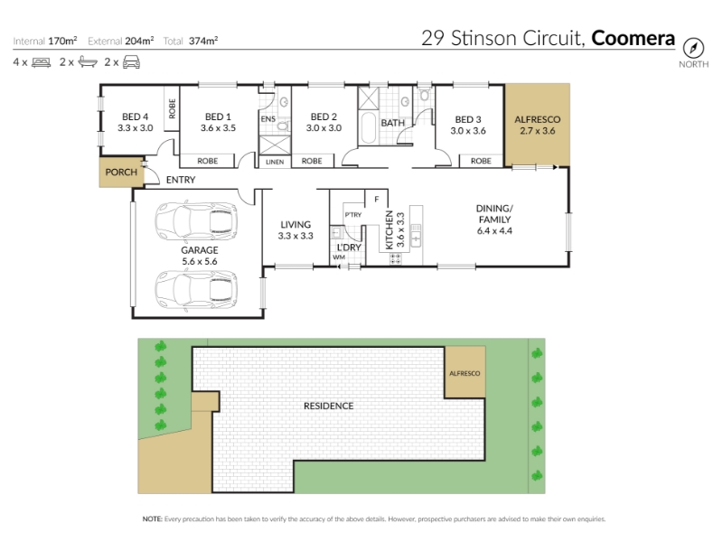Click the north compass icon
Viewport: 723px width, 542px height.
click(693, 48)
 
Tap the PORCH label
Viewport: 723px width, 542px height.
click(121, 173)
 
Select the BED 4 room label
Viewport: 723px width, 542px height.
click(135, 123)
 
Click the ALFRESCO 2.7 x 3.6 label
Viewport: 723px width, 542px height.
click(537, 125)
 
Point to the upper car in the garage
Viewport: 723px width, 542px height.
click(196, 220)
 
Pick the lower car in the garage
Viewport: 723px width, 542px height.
click(196, 289)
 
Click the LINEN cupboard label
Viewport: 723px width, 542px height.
click(275, 162)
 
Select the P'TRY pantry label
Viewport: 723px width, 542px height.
click(353, 215)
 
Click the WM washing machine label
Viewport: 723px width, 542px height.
click(339, 257)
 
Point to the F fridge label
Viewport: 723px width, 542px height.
click(377, 199)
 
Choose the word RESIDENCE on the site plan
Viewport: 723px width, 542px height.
click(329, 406)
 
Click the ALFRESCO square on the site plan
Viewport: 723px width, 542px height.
click(465, 372)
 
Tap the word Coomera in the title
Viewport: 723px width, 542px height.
click(634, 38)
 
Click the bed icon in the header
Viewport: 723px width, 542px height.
click(41, 62)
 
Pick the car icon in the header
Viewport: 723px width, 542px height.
click(131, 62)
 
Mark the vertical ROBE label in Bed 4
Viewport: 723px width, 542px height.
click(172, 108)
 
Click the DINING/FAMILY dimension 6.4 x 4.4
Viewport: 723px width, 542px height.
click(494, 231)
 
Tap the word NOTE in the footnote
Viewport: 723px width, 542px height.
click(152, 519)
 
